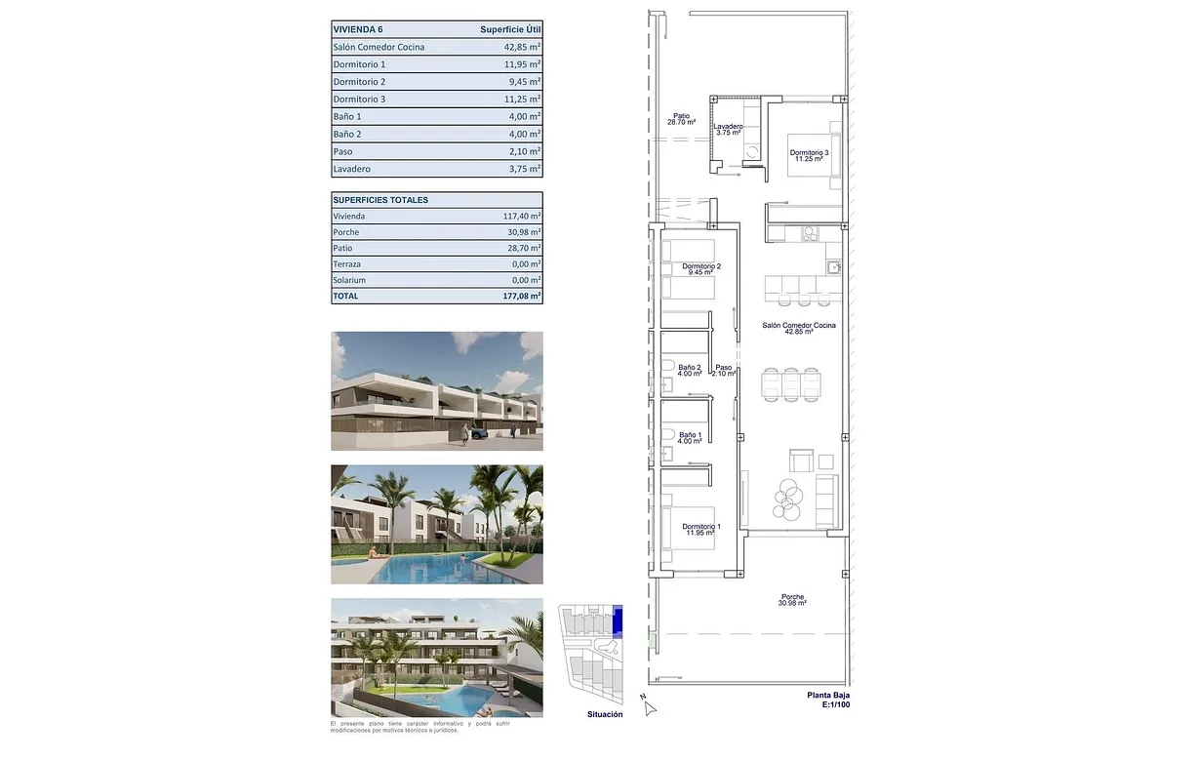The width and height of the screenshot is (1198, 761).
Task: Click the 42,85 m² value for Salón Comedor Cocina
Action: (522, 47)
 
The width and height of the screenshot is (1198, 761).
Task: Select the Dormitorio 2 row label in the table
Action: (359, 82)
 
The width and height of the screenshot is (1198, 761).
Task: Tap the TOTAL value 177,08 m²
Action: (521, 296)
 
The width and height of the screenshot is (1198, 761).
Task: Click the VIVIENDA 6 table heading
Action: (358, 29)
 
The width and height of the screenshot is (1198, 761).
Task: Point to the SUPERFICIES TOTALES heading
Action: (380, 200)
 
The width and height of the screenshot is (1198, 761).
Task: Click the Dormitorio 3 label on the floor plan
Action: (809, 153)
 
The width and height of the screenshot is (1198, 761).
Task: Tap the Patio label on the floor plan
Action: (681, 116)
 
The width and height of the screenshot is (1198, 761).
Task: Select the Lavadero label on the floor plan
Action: (728, 127)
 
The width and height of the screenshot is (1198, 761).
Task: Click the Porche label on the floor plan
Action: (792, 598)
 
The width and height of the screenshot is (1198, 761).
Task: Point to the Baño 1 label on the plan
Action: (690, 435)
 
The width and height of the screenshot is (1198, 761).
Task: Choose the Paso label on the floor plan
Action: (723, 369)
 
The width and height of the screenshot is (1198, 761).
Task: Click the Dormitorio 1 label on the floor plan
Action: (701, 528)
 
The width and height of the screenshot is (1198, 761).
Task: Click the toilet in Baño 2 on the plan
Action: (667, 368)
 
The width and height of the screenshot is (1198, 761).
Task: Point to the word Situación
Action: (605, 715)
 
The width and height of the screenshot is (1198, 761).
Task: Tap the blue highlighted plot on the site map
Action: (618, 620)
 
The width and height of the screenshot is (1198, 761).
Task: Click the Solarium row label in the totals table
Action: (349, 280)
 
